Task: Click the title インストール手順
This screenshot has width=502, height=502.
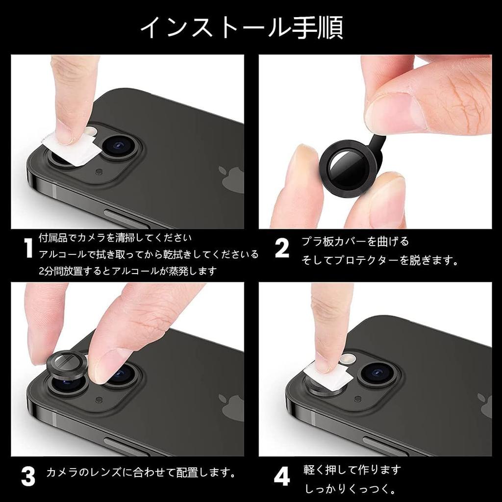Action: pyautogui.click(x=241, y=27)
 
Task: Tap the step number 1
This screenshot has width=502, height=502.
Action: pyautogui.click(x=28, y=249)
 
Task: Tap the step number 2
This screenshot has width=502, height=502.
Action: pyautogui.click(x=282, y=249)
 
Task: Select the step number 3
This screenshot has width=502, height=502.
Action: pyautogui.click(x=28, y=476)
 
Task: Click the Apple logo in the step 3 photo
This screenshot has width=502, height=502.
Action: pyautogui.click(x=231, y=406)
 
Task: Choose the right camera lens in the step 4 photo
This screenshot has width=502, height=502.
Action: pyautogui.click(x=377, y=372)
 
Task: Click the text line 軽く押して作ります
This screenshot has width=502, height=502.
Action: pyautogui.click(x=352, y=470)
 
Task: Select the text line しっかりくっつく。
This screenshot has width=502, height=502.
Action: pyautogui.click(x=350, y=489)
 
